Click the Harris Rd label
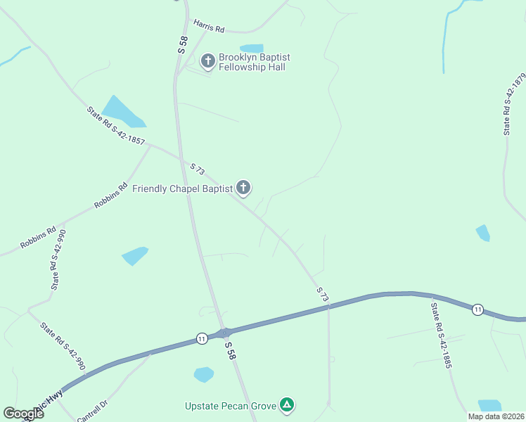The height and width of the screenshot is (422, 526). click(209, 29)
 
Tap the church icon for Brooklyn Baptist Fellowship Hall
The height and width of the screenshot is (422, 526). click(207, 61)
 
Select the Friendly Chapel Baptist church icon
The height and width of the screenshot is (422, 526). click(243, 187)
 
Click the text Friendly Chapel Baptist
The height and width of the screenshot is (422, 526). click(182, 189)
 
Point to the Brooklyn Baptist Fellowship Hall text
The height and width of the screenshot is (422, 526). click(254, 62)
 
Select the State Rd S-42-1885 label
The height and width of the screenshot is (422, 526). click(441, 336)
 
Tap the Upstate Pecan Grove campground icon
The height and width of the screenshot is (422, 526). click(286, 404)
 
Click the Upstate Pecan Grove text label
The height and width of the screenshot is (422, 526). click(231, 406)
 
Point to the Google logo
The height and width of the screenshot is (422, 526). click(23, 413)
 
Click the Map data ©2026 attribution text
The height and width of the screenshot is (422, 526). click(496, 416)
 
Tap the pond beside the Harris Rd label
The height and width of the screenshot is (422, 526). click(252, 49)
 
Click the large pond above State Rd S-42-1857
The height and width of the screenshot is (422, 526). click(122, 111)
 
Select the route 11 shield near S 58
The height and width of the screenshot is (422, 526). click(202, 338)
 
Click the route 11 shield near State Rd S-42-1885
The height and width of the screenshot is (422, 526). click(477, 309)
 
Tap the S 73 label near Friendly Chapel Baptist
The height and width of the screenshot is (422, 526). click(198, 169)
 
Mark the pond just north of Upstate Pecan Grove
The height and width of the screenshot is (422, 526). click(203, 374)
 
